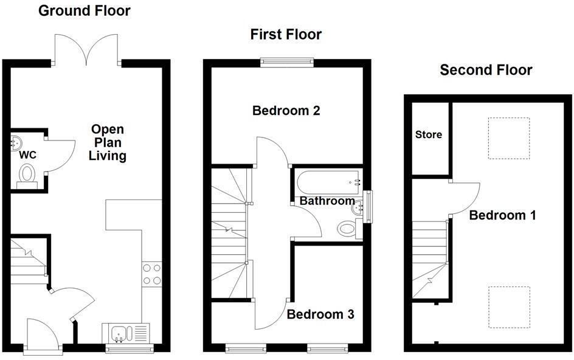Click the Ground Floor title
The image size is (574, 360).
(85, 10)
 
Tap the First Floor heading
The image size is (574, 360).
(286, 34)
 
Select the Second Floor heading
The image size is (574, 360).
(486, 70)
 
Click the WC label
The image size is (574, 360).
(28, 155)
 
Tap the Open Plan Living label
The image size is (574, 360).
(108, 143)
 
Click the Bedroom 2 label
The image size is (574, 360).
(285, 111)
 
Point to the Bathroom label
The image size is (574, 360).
(327, 201)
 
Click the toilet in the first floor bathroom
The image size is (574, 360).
(347, 229)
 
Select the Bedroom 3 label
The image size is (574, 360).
(320, 314)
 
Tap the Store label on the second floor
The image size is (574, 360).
(429, 134)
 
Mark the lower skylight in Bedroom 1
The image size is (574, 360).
(509, 306)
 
